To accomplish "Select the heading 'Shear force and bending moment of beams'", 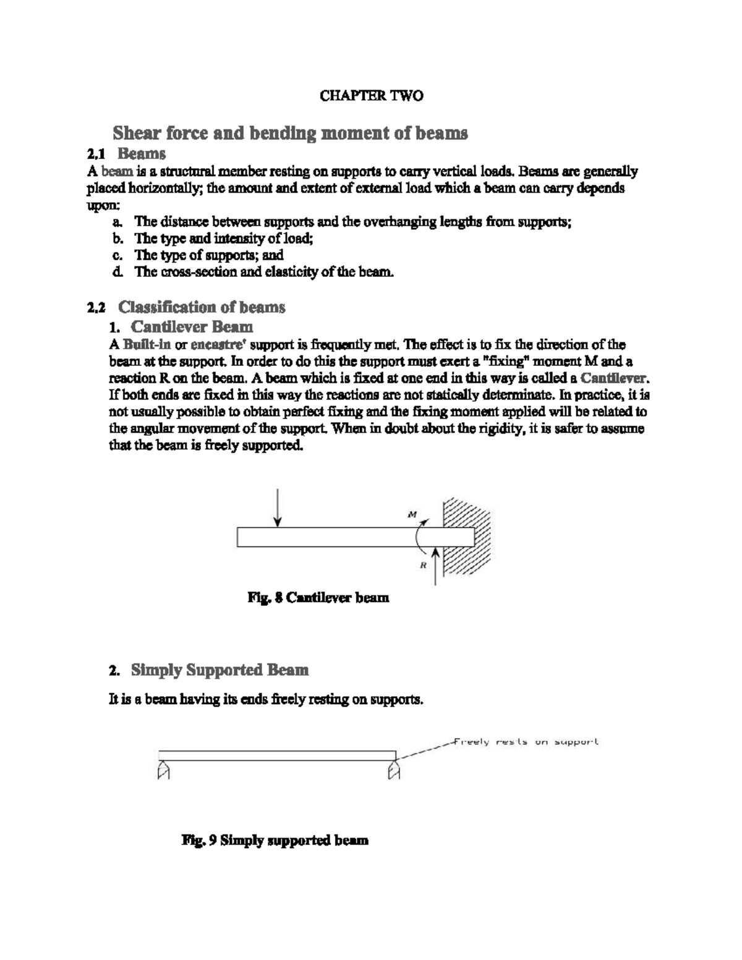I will (x=289, y=133).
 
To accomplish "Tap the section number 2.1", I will (x=96, y=153).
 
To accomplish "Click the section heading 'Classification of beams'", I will (x=202, y=307).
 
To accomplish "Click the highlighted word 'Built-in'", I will (x=147, y=345).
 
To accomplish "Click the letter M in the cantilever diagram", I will (x=412, y=514).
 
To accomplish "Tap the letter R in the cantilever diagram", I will (x=424, y=564).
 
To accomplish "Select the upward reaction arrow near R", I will (x=437, y=566).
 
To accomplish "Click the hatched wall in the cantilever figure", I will (x=468, y=536).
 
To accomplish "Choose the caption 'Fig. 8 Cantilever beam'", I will (x=318, y=598).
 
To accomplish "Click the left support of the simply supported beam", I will (x=163, y=770).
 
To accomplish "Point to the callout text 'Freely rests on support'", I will (x=526, y=742).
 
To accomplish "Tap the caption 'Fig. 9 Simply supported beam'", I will (x=275, y=840).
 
